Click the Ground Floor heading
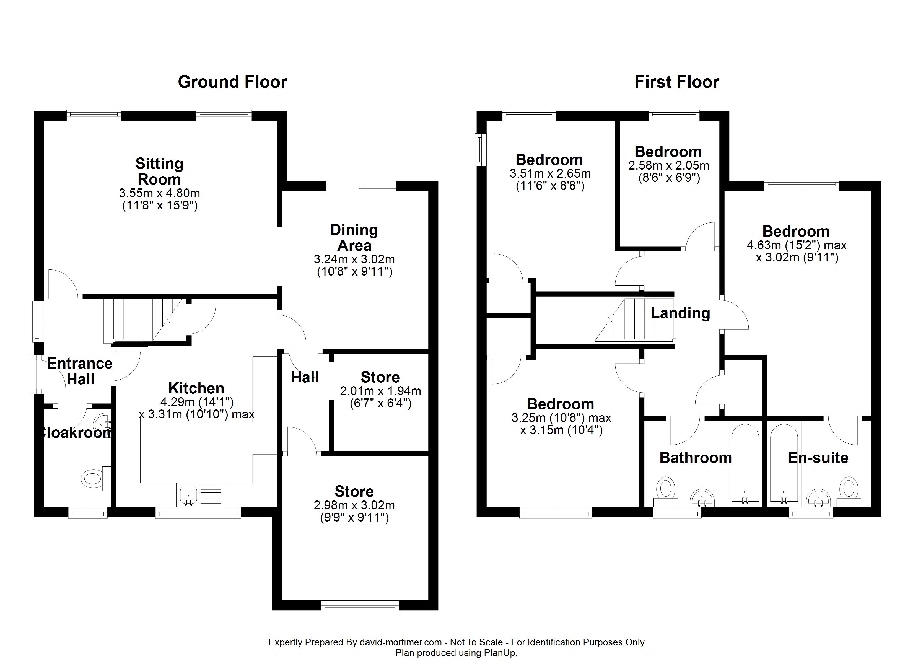tap(232, 82)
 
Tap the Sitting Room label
tap(159, 172)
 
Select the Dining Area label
tap(354, 238)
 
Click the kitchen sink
tap(188, 495)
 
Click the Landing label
tap(680, 313)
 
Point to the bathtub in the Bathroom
tap(745, 463)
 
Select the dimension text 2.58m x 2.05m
tap(669, 165)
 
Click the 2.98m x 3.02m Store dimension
tap(354, 505)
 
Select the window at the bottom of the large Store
tap(359, 606)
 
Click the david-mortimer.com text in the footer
tap(401, 642)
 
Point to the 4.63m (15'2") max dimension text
tap(796, 245)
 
